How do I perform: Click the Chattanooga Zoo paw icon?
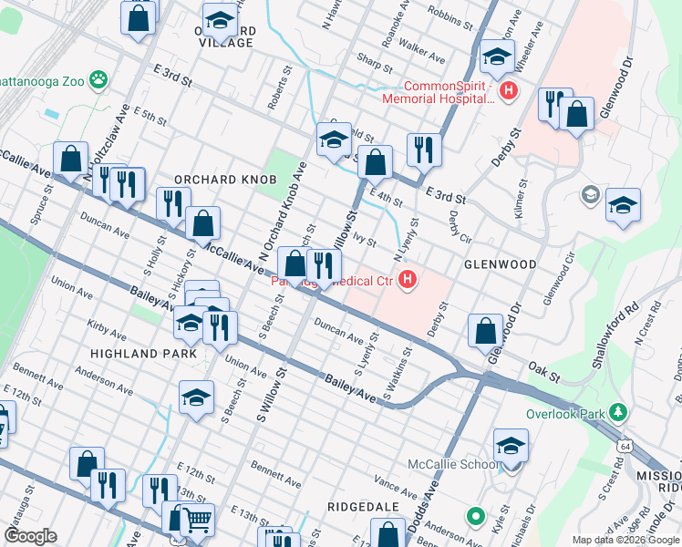point(97,79)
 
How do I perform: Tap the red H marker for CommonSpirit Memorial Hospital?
point(509,91)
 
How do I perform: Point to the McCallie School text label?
point(453,464)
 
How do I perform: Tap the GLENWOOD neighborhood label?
point(500,264)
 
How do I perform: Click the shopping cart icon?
point(197,521)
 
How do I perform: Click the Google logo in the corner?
point(30,536)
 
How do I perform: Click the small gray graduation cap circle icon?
point(591,195)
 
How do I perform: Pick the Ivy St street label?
point(365,239)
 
